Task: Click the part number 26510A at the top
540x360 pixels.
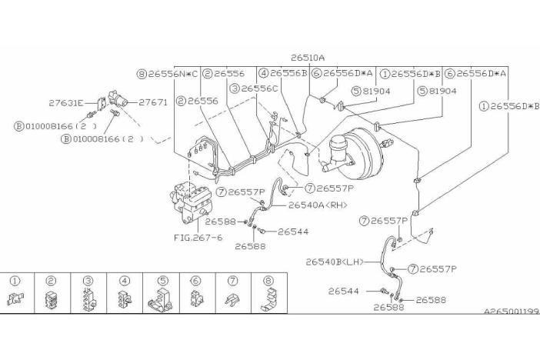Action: click(307, 58)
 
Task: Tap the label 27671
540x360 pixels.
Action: click(153, 102)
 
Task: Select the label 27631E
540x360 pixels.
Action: click(66, 102)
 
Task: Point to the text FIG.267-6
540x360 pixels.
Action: click(198, 238)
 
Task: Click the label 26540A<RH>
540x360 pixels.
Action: click(318, 205)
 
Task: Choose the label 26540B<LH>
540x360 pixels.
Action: click(335, 262)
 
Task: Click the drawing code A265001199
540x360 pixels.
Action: click(511, 311)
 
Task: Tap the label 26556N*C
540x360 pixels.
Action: click(173, 74)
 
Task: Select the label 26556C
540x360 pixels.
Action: click(259, 88)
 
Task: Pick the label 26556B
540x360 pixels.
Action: click(288, 73)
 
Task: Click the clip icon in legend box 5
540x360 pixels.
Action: click(160, 298)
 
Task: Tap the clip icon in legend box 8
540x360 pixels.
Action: click(269, 298)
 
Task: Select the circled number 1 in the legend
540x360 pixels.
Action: click(15, 281)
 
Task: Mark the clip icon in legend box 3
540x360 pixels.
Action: click(89, 299)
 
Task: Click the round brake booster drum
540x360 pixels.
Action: click(360, 153)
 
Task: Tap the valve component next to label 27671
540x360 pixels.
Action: click(118, 98)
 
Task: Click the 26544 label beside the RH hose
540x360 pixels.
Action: click(293, 232)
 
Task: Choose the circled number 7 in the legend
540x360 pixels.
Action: click(233, 281)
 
